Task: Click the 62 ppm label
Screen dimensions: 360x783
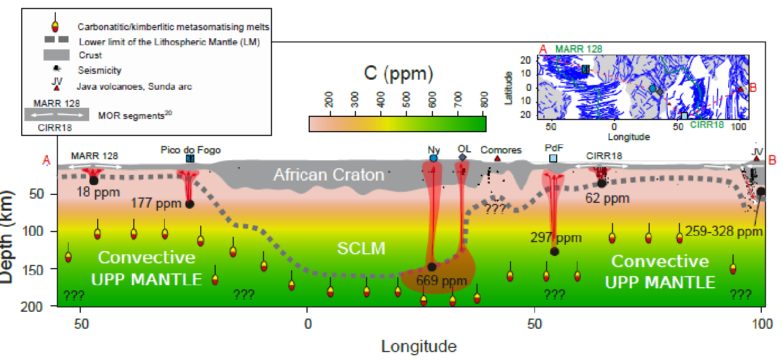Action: (607, 199)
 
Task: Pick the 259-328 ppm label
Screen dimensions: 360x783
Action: (724, 232)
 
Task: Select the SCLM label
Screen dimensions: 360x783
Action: (361, 248)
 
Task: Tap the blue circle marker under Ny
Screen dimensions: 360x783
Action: (433, 158)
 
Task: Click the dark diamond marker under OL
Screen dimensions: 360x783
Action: (462, 158)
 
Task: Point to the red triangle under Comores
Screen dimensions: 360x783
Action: (497, 158)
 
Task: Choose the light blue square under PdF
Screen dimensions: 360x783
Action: (553, 158)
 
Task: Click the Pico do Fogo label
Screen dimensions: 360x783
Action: (190, 150)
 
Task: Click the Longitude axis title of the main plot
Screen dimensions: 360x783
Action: (419, 346)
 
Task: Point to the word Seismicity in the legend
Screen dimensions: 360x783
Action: (99, 70)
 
